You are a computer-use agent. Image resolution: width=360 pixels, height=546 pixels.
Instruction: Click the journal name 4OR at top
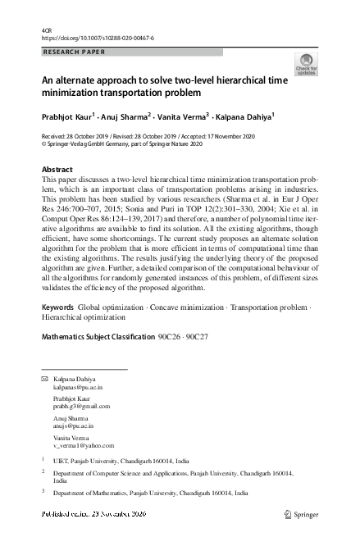(x=46, y=30)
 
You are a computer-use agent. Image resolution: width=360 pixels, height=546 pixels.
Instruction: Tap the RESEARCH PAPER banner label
(x=73, y=52)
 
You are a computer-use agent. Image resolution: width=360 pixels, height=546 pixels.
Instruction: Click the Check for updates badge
(x=306, y=65)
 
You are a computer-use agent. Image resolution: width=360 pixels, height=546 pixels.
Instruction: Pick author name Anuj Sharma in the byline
(x=128, y=116)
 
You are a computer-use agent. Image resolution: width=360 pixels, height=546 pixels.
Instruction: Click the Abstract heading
(x=57, y=169)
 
